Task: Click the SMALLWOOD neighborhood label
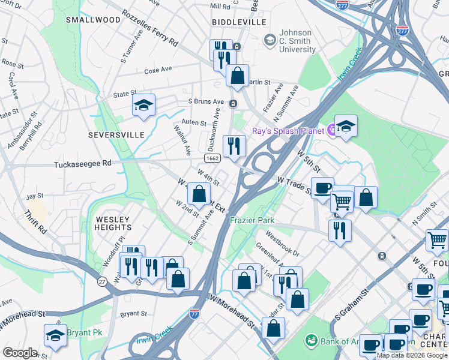(93, 20)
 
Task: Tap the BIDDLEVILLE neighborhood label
(239, 22)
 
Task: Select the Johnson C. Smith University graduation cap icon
(270, 40)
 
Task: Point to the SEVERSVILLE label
(116, 135)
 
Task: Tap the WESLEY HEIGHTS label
(113, 224)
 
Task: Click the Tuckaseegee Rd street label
(83, 163)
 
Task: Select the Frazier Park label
(252, 220)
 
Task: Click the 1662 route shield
(211, 158)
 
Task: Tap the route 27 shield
(102, 281)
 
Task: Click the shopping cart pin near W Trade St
(342, 202)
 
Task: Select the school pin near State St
(143, 105)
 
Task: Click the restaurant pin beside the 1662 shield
(234, 146)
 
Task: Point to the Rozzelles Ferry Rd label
(150, 28)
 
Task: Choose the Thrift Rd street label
(35, 221)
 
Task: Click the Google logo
(20, 353)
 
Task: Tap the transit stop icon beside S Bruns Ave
(233, 104)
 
